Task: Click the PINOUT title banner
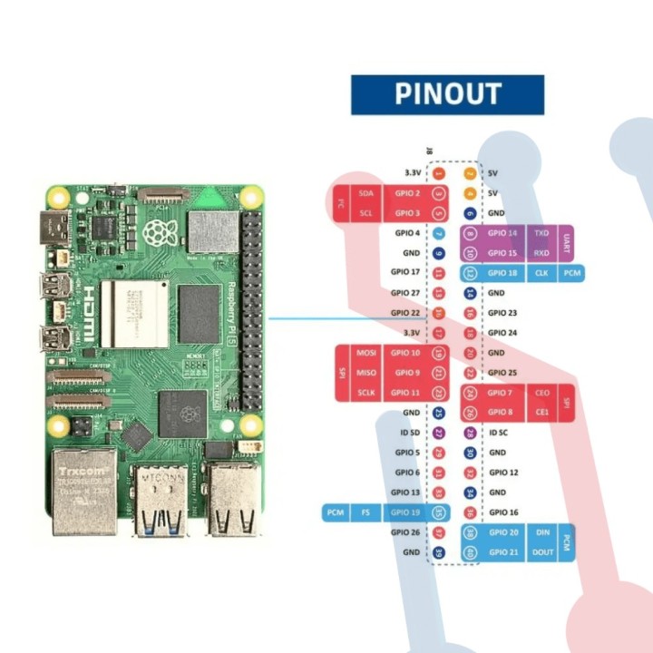click(447, 94)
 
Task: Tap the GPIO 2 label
click(406, 193)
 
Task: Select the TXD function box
click(542, 233)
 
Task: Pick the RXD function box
click(542, 253)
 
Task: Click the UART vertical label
click(566, 243)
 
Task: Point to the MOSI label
click(366, 353)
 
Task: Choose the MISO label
click(366, 373)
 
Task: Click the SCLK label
click(366, 393)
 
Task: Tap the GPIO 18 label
click(502, 273)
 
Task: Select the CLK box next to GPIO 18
click(541, 273)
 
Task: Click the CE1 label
click(542, 413)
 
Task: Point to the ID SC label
click(499, 433)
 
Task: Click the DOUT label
click(542, 552)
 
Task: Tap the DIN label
click(542, 532)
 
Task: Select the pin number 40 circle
click(470, 552)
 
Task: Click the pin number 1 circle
click(439, 172)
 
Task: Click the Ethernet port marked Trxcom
click(83, 490)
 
